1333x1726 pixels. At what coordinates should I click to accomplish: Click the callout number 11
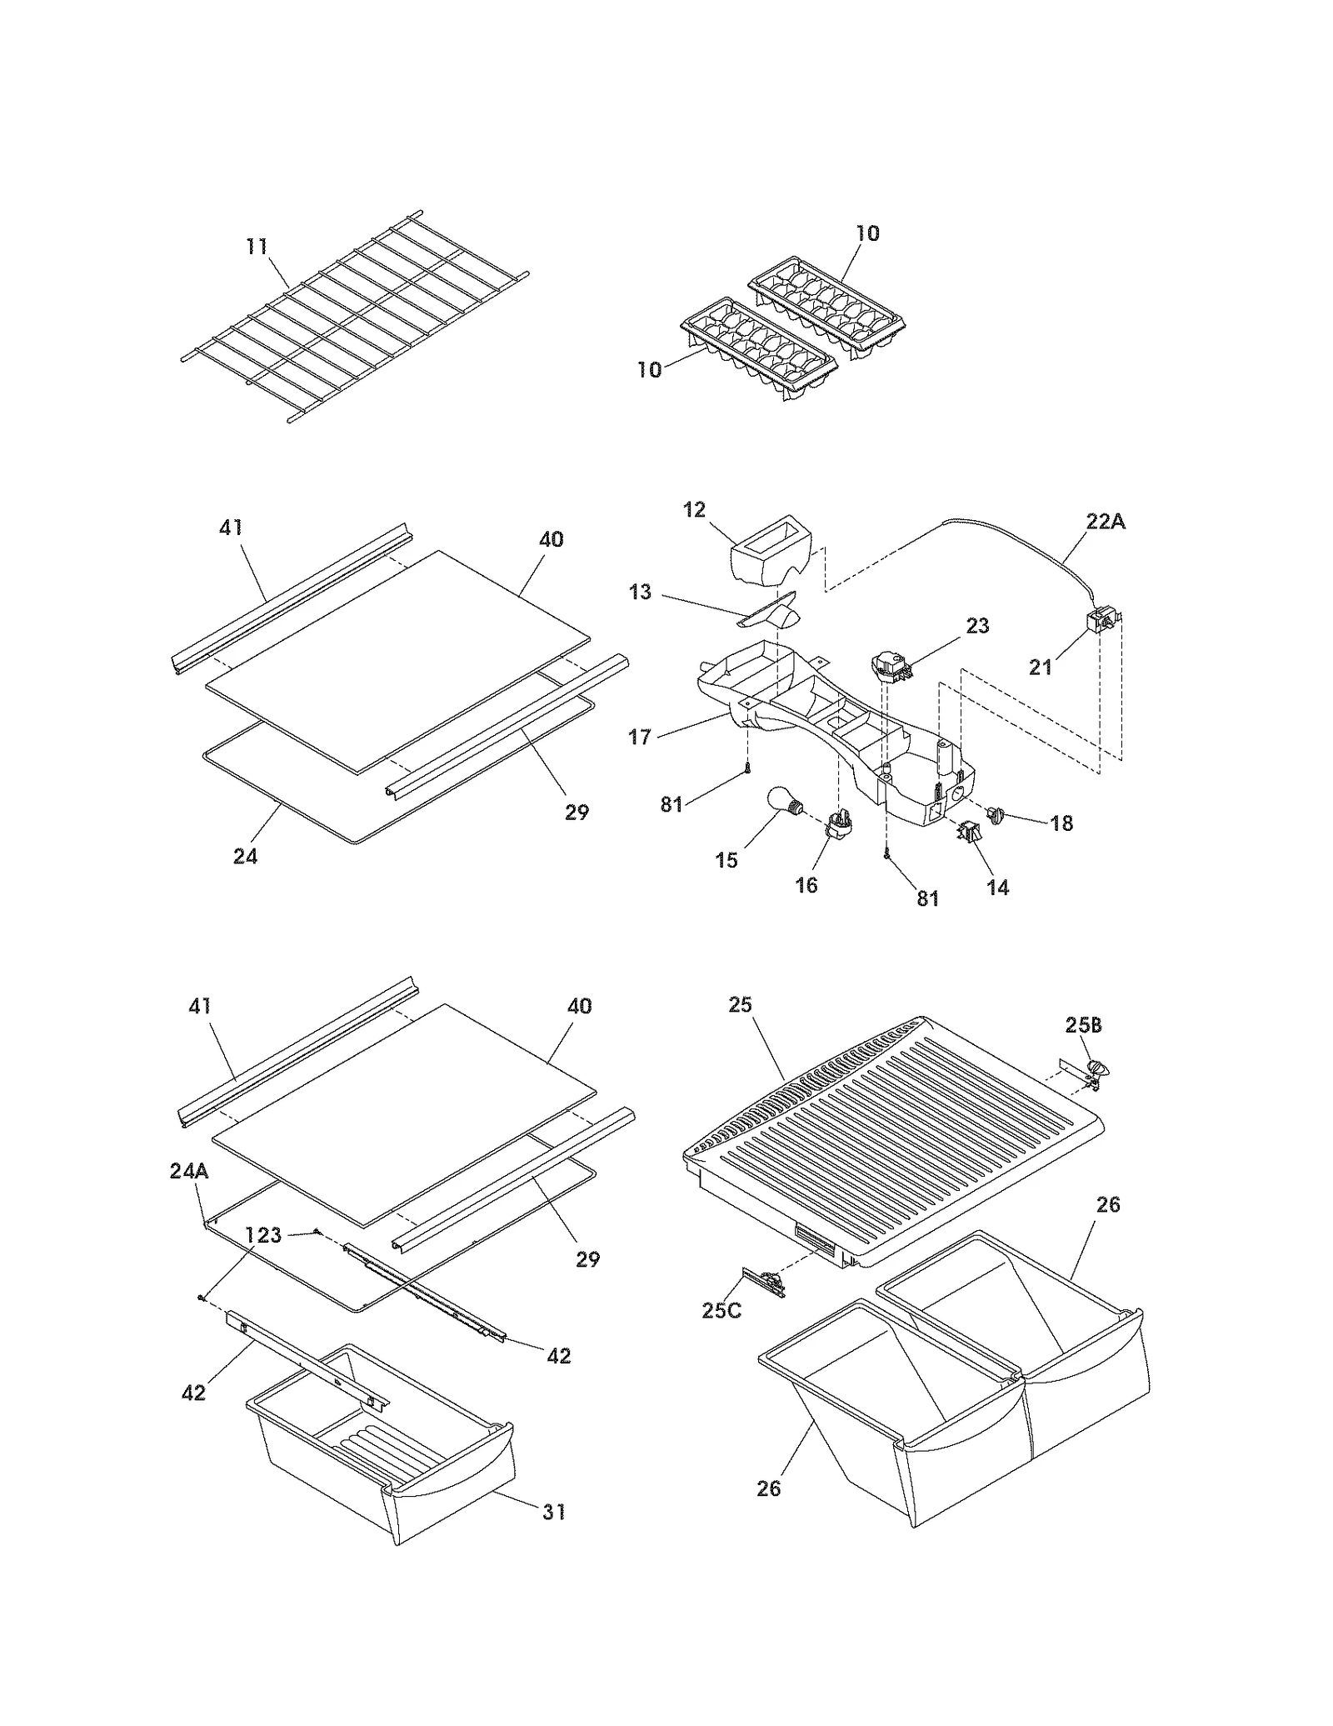click(x=257, y=247)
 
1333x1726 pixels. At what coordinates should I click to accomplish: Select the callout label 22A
click(x=1105, y=522)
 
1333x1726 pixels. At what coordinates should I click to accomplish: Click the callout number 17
click(x=639, y=738)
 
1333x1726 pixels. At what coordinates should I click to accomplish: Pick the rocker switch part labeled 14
click(x=969, y=831)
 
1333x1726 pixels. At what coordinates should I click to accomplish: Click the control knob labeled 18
click(x=995, y=812)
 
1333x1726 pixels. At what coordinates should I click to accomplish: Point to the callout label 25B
click(x=1083, y=1025)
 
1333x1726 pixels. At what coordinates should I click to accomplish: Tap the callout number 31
click(x=554, y=1511)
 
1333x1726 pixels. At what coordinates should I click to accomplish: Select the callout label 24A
click(x=189, y=1171)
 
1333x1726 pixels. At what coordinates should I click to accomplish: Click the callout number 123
click(x=263, y=1235)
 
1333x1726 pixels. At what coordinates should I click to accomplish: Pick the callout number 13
click(x=640, y=593)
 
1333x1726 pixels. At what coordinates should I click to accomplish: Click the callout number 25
click(x=740, y=1005)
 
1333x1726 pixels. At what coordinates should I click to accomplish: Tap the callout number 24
click(x=245, y=856)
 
